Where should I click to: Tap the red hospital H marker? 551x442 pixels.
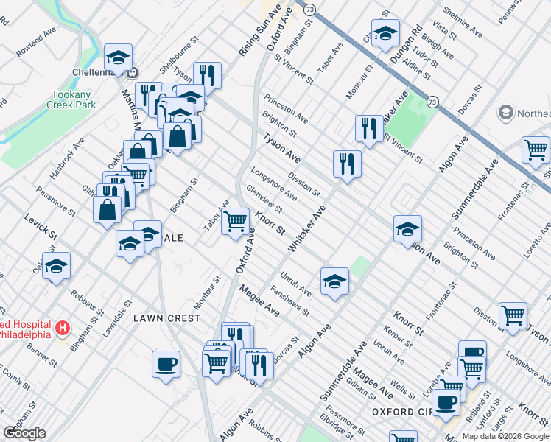tap(63, 326)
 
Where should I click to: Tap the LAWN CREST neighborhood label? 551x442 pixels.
tap(167, 318)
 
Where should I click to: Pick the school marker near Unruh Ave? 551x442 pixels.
tap(334, 281)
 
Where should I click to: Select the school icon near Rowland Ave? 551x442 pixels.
tap(117, 57)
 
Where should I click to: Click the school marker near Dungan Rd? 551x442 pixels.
tap(385, 33)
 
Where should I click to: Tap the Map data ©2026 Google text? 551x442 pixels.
tap(505, 435)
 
